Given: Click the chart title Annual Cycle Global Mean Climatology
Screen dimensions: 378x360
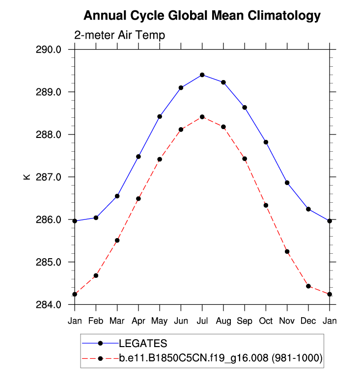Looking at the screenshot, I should pyautogui.click(x=202, y=16).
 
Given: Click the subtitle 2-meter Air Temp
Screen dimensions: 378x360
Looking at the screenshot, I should pyautogui.click(x=119, y=35).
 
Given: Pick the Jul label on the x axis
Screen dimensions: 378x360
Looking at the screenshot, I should pyautogui.click(x=202, y=321).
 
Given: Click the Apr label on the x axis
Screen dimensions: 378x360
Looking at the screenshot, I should pyautogui.click(x=138, y=321).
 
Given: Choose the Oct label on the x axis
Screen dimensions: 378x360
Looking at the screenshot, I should pyautogui.click(x=266, y=321).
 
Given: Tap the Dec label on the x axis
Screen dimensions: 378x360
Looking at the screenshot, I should pyautogui.click(x=308, y=321).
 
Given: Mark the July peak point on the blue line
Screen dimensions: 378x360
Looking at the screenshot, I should pyautogui.click(x=202, y=75).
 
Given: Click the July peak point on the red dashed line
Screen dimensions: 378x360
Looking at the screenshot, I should pyautogui.click(x=202, y=117).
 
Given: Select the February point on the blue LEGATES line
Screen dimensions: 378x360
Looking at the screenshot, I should pyautogui.click(x=96, y=217).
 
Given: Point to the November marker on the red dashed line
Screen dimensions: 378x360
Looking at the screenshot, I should pyautogui.click(x=287, y=251).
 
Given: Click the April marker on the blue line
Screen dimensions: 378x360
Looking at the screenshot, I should pyautogui.click(x=138, y=157).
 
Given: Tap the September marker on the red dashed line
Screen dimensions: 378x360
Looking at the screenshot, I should pyautogui.click(x=245, y=159).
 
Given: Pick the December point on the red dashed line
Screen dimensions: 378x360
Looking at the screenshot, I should pyautogui.click(x=308, y=286).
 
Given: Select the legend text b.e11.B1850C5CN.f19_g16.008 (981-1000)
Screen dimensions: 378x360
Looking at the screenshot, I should pyautogui.click(x=221, y=358).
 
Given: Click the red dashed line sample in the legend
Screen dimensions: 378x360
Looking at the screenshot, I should pyautogui.click(x=100, y=358).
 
